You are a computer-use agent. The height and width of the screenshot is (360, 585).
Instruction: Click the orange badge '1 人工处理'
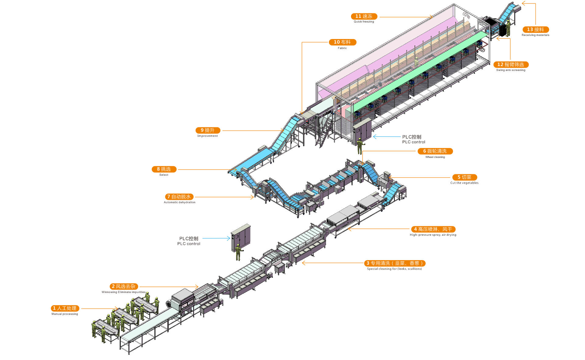click(x=65, y=308)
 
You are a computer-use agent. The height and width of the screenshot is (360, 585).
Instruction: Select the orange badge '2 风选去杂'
click(x=124, y=286)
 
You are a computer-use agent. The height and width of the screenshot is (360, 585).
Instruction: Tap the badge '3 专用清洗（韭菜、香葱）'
click(x=395, y=263)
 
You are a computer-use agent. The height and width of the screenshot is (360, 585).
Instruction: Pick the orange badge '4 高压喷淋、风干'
click(x=433, y=229)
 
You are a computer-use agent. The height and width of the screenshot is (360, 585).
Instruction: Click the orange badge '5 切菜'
click(x=464, y=177)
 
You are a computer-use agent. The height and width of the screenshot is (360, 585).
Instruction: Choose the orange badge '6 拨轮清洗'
click(x=435, y=151)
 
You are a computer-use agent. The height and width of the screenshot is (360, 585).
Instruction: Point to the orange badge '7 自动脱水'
click(x=179, y=197)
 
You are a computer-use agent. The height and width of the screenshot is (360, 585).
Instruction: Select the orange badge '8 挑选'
click(x=164, y=169)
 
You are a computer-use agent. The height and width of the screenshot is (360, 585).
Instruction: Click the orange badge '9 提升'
click(x=207, y=130)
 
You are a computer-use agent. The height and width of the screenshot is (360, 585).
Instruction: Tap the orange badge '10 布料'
click(x=342, y=42)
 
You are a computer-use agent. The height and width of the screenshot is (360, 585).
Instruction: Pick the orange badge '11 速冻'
click(x=364, y=16)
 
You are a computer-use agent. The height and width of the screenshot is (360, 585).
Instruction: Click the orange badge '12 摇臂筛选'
click(x=511, y=65)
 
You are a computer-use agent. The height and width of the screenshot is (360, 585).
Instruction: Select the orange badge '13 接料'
click(x=535, y=30)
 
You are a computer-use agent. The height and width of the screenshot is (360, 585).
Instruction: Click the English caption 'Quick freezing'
click(x=364, y=22)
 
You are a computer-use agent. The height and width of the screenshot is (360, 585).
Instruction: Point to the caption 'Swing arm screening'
click(x=511, y=70)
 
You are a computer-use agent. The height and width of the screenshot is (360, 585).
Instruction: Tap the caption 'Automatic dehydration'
click(x=179, y=202)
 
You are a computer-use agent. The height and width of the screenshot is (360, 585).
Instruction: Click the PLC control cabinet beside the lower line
click(x=241, y=236)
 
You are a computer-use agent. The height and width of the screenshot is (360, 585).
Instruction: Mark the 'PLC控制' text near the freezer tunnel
click(x=412, y=137)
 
